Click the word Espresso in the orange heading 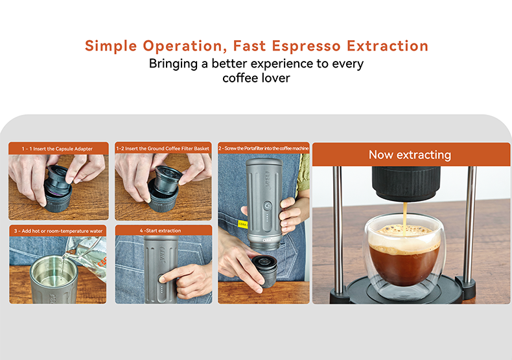point(301,46)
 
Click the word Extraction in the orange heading point(388,46)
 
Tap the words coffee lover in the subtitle point(256,78)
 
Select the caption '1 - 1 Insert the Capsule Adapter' point(57,149)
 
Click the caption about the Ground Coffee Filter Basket point(163,149)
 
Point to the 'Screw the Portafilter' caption point(264,149)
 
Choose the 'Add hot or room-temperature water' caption point(57,230)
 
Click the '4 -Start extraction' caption point(163,230)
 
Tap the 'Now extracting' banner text point(410,154)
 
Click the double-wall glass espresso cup point(404,259)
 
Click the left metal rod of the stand point(337,227)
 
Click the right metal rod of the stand point(471,227)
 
